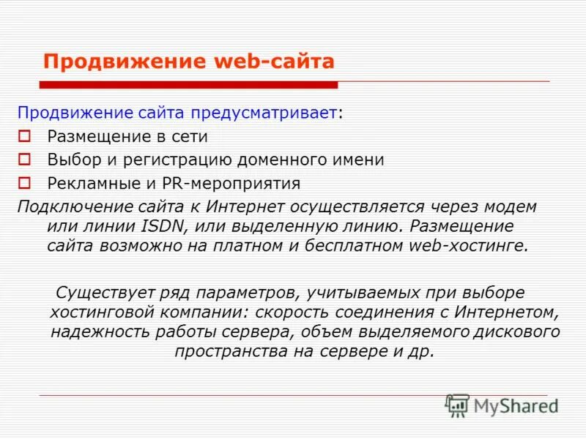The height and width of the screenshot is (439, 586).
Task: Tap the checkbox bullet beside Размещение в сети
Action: point(24,136)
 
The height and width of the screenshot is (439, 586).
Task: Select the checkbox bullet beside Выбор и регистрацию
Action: point(24,160)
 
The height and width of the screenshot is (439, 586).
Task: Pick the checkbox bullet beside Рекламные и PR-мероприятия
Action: point(24,183)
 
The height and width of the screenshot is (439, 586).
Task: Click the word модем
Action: point(511,206)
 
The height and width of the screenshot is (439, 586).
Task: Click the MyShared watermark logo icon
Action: point(458,405)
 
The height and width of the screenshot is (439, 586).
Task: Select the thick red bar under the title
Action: point(188,85)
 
